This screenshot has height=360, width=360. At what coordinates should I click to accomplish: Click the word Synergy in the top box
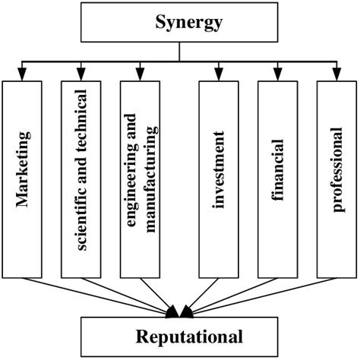point(189,23)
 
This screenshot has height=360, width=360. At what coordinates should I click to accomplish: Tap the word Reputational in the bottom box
point(189,336)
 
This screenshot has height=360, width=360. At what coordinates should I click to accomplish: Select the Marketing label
point(24,169)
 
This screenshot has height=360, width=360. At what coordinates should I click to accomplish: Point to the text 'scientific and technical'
point(81,170)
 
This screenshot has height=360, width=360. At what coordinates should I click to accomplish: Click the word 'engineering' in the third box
point(131,171)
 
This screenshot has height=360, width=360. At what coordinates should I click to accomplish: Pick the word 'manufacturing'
point(151,178)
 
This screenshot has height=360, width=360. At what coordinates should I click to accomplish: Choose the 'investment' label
point(218,169)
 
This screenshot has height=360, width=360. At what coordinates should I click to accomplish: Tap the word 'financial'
point(277,170)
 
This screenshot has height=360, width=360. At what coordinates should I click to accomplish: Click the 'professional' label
point(337,169)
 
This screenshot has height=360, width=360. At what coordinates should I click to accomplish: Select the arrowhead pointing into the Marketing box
point(22,74)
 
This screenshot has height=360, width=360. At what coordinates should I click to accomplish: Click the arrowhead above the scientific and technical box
point(81,74)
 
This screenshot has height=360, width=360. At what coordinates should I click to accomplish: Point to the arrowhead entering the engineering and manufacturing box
point(140,74)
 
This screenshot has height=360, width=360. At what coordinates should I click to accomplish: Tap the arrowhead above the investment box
point(219,74)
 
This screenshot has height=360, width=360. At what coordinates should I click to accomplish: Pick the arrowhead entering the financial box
point(278,74)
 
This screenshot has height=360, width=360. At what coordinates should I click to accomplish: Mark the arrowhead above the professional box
point(336,74)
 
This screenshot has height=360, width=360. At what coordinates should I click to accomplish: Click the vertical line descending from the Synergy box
point(179,52)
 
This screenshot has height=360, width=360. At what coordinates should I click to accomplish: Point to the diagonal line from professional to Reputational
point(261,297)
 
